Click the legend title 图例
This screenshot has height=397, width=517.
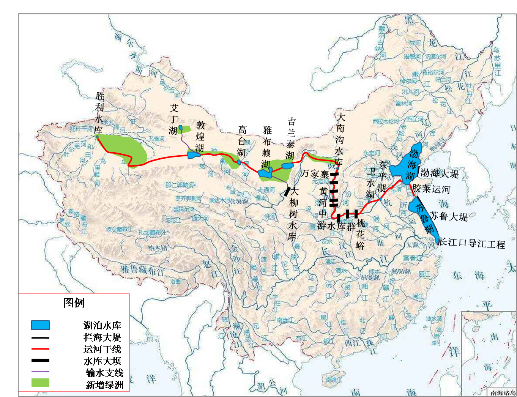[x=74, y=303]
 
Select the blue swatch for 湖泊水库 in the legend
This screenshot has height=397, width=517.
[x=40, y=325]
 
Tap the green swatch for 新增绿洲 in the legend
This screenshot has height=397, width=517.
[x=40, y=383]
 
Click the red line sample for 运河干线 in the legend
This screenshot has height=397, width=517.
[x=40, y=349]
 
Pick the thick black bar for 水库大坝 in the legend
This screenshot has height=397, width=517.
[x=40, y=360]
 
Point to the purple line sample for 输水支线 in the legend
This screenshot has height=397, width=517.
[x=40, y=372]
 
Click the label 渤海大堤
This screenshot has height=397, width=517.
[x=440, y=174]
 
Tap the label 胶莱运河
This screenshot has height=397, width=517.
[x=432, y=189]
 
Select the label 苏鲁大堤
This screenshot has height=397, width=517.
[x=449, y=217]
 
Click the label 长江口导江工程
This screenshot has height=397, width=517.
[x=472, y=243]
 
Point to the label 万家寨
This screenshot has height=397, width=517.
[x=315, y=174]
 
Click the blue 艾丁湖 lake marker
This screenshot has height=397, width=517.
[x=181, y=128]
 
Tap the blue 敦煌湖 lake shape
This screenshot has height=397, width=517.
[x=194, y=154]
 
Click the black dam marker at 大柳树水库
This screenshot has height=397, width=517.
[x=287, y=191]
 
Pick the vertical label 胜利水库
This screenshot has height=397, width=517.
[x=99, y=113]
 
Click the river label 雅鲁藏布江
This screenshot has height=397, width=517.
[x=143, y=270]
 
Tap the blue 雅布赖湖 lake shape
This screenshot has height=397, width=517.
[x=264, y=173]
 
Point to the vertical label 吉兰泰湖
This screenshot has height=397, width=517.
[x=291, y=138]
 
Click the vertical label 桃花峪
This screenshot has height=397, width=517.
[x=360, y=235]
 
